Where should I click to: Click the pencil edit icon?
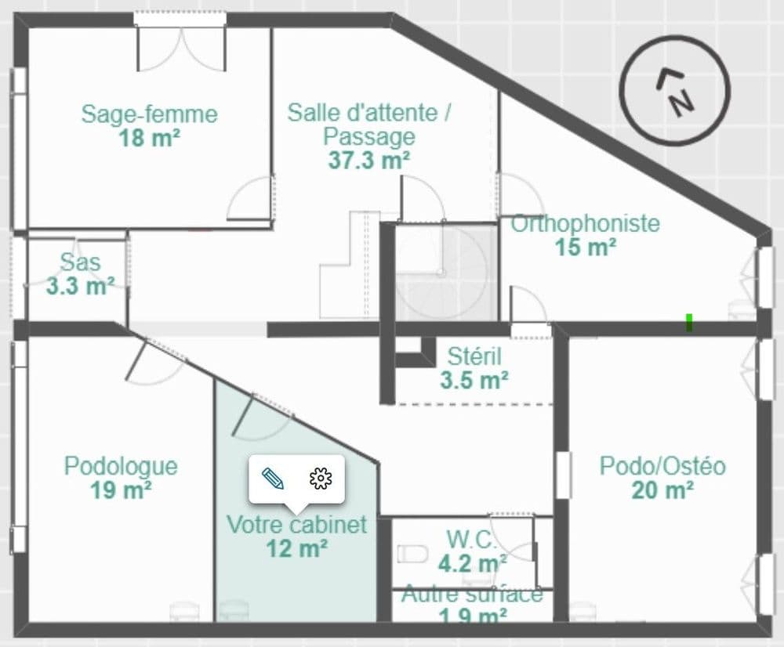273,478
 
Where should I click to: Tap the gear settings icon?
321,478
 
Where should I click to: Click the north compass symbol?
675,90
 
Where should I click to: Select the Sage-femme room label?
150,114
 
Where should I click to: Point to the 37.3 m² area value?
369,161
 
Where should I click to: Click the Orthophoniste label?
585,223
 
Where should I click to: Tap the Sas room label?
80,262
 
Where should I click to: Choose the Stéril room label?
474,356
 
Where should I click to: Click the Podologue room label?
121,466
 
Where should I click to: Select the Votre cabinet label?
297,525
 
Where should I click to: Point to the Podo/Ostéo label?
662,466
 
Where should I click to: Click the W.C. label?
471,540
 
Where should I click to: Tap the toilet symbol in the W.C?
413,554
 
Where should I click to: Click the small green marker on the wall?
689,322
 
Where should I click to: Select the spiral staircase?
446,273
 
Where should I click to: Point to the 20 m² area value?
662,490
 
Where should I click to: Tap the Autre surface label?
472,595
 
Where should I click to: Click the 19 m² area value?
121,490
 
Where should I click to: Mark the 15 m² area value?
586,248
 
